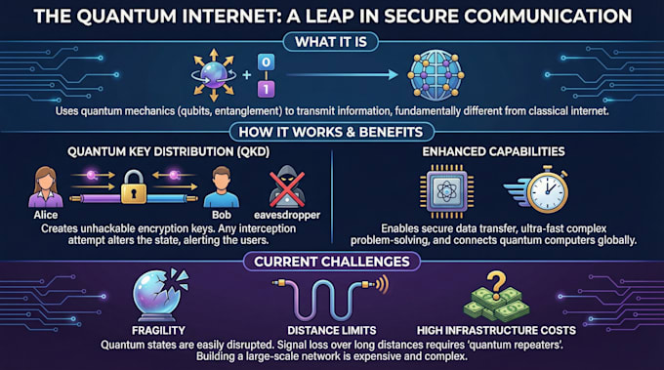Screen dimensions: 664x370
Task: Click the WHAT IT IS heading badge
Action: coord(331,42)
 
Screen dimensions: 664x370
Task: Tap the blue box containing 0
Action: coord(266,62)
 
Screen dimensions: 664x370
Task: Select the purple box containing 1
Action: coord(266,89)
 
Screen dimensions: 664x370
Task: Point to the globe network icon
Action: coord(436,75)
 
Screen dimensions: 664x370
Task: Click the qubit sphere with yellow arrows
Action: coord(214,75)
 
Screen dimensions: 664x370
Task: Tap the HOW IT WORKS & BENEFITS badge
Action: coord(331,132)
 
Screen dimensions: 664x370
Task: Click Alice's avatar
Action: coord(45,187)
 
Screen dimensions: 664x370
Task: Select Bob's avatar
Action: coord(222,187)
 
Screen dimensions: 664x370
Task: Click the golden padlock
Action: coord(134,186)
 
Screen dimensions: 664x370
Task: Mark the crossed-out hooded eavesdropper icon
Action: coord(287,186)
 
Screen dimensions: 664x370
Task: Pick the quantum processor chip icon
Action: coord(447,191)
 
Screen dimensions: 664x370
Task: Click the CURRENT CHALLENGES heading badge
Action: coord(332,262)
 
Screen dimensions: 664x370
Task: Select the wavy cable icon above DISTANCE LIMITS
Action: coord(330,298)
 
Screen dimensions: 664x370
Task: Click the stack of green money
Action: coord(496,305)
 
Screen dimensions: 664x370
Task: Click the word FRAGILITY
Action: coord(158,330)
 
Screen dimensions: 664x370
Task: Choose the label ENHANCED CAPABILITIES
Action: coord(493,151)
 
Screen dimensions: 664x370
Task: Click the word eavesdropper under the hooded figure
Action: coord(287,215)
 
